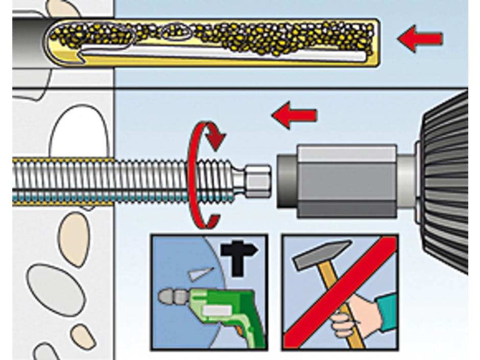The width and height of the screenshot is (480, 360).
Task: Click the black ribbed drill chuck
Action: [447, 184]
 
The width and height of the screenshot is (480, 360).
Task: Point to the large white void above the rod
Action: [79, 133]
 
